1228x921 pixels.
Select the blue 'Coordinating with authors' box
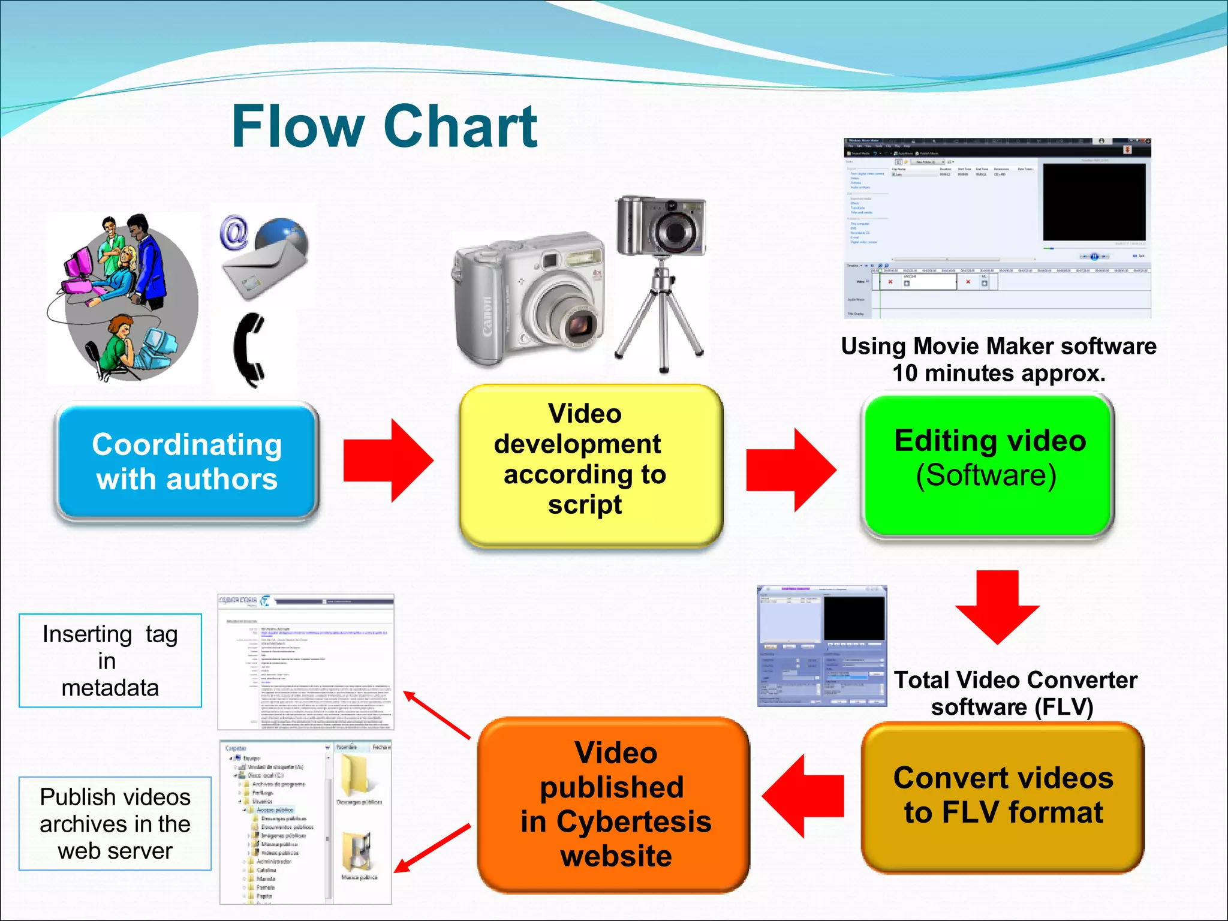pyautogui.click(x=186, y=461)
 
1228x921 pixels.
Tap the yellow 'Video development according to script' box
pyautogui.click(x=591, y=465)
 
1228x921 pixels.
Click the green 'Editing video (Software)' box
pyautogui.click(x=988, y=465)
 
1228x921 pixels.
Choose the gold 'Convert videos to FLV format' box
pyautogui.click(x=1003, y=796)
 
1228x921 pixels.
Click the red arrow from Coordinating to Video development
pyautogui.click(x=387, y=460)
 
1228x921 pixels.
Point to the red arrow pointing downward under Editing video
pyautogui.click(x=997, y=606)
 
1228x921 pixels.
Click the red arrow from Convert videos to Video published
pyautogui.click(x=803, y=796)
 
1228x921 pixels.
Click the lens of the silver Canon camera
pyautogui.click(x=578, y=326)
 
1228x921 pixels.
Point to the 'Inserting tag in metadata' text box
pyautogui.click(x=110, y=661)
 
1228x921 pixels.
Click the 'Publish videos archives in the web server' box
pyautogui.click(x=115, y=824)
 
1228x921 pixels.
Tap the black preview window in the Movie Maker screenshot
pyautogui.click(x=1094, y=202)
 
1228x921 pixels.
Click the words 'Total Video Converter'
pyautogui.click(x=1015, y=680)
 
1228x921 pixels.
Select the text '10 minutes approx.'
pyautogui.click(x=998, y=373)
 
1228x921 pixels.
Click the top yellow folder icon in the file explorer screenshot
pyautogui.click(x=355, y=775)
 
